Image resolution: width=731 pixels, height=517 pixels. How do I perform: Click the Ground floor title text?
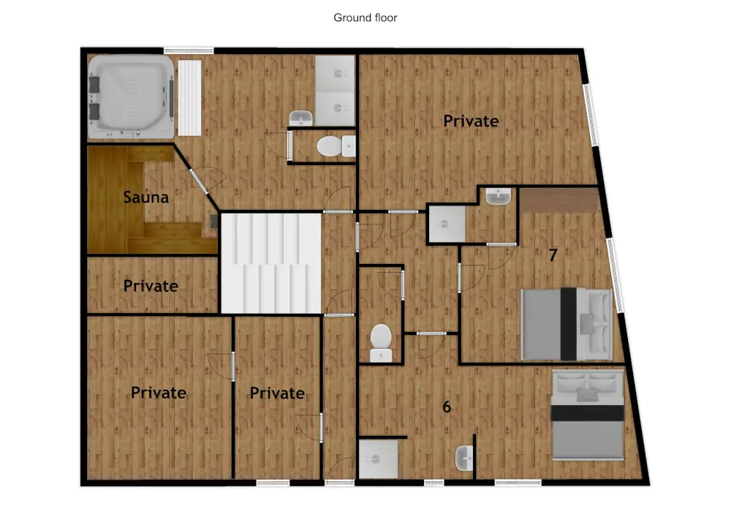(x=365, y=18)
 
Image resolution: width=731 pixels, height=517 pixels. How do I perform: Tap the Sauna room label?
(x=146, y=197)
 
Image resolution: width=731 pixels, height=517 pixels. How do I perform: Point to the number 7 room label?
(x=553, y=255)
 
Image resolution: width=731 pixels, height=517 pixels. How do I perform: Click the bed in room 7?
(x=567, y=324)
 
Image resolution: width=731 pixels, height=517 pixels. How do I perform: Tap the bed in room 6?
(x=588, y=415)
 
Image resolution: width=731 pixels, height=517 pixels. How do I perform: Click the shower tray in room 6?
(x=379, y=458)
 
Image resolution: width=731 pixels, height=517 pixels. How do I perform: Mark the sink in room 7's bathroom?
(x=499, y=197)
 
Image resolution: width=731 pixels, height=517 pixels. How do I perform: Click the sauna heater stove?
(x=213, y=222)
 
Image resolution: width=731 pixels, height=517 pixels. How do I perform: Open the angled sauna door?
(x=197, y=180)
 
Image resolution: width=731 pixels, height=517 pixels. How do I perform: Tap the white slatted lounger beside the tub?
(x=189, y=97)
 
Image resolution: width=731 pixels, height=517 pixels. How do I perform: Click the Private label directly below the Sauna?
(x=151, y=285)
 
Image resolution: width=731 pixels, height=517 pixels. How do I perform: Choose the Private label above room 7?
(x=471, y=121)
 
